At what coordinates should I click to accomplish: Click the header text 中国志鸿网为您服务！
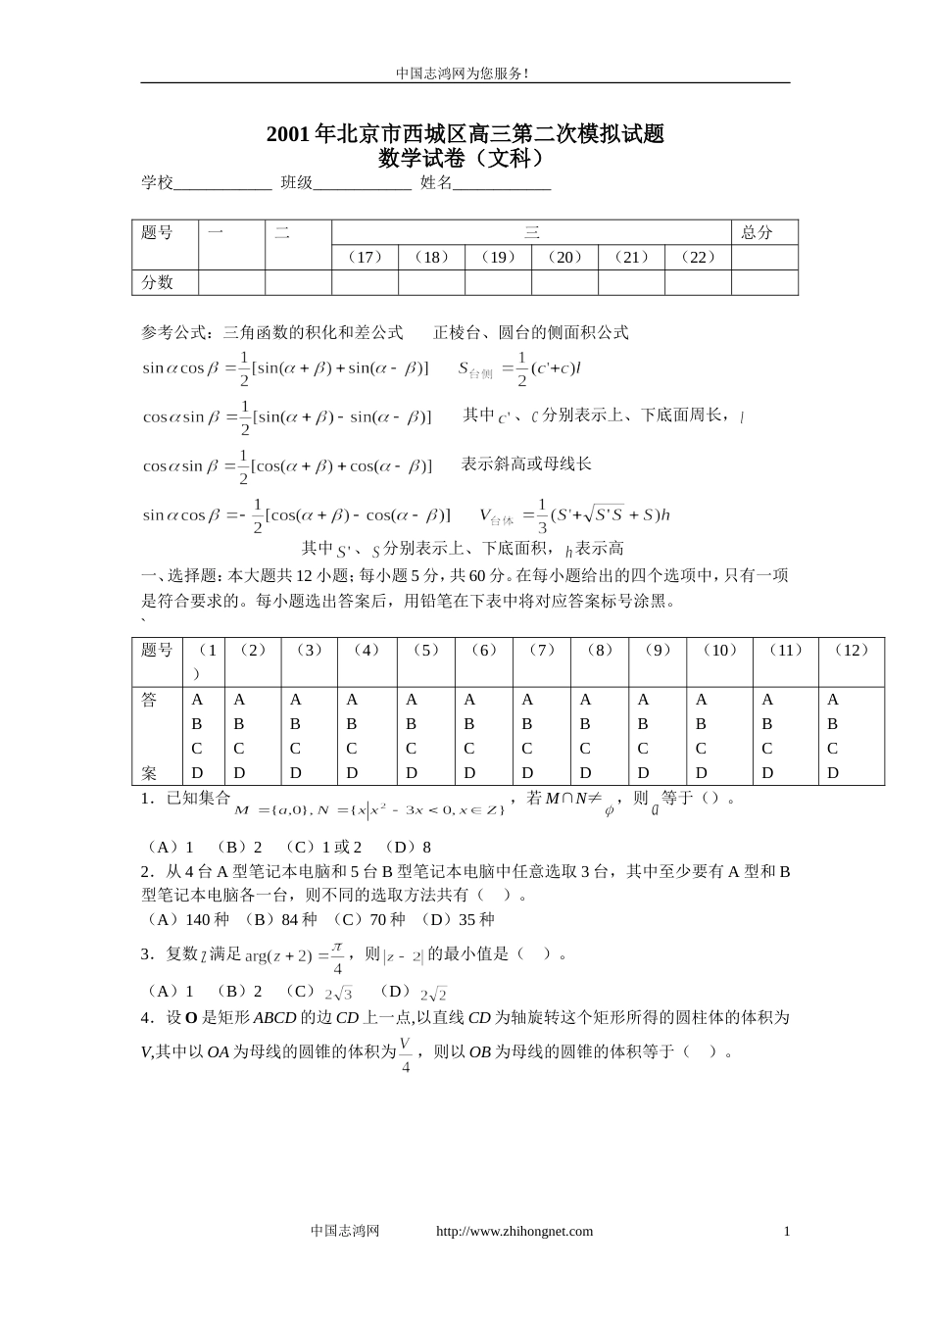click(x=464, y=73)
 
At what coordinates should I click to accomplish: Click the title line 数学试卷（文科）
click(x=464, y=157)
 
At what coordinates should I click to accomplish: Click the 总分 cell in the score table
click(x=757, y=232)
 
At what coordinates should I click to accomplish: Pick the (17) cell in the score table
click(x=365, y=257)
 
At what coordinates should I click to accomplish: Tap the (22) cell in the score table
click(x=698, y=257)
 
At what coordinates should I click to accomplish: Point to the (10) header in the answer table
click(x=720, y=650)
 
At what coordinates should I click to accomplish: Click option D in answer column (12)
click(x=833, y=773)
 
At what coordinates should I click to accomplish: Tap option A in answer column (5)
click(x=411, y=700)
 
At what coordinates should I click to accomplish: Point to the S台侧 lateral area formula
click(x=520, y=369)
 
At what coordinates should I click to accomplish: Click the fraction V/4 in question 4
click(x=406, y=1052)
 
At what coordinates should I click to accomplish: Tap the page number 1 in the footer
click(x=786, y=1232)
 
